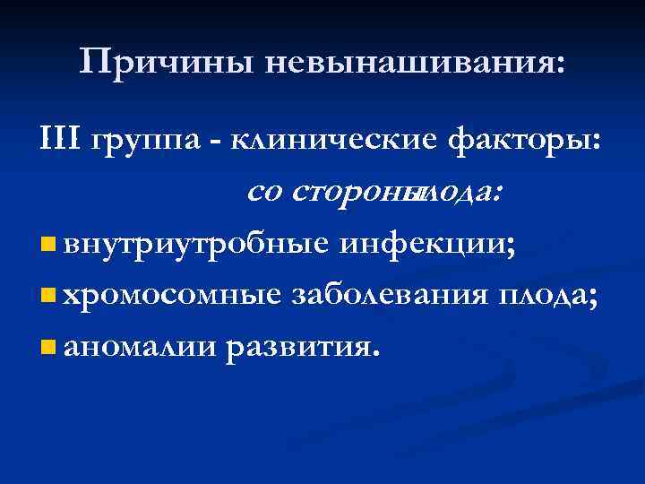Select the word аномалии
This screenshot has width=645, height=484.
pyautogui.click(x=142, y=345)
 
